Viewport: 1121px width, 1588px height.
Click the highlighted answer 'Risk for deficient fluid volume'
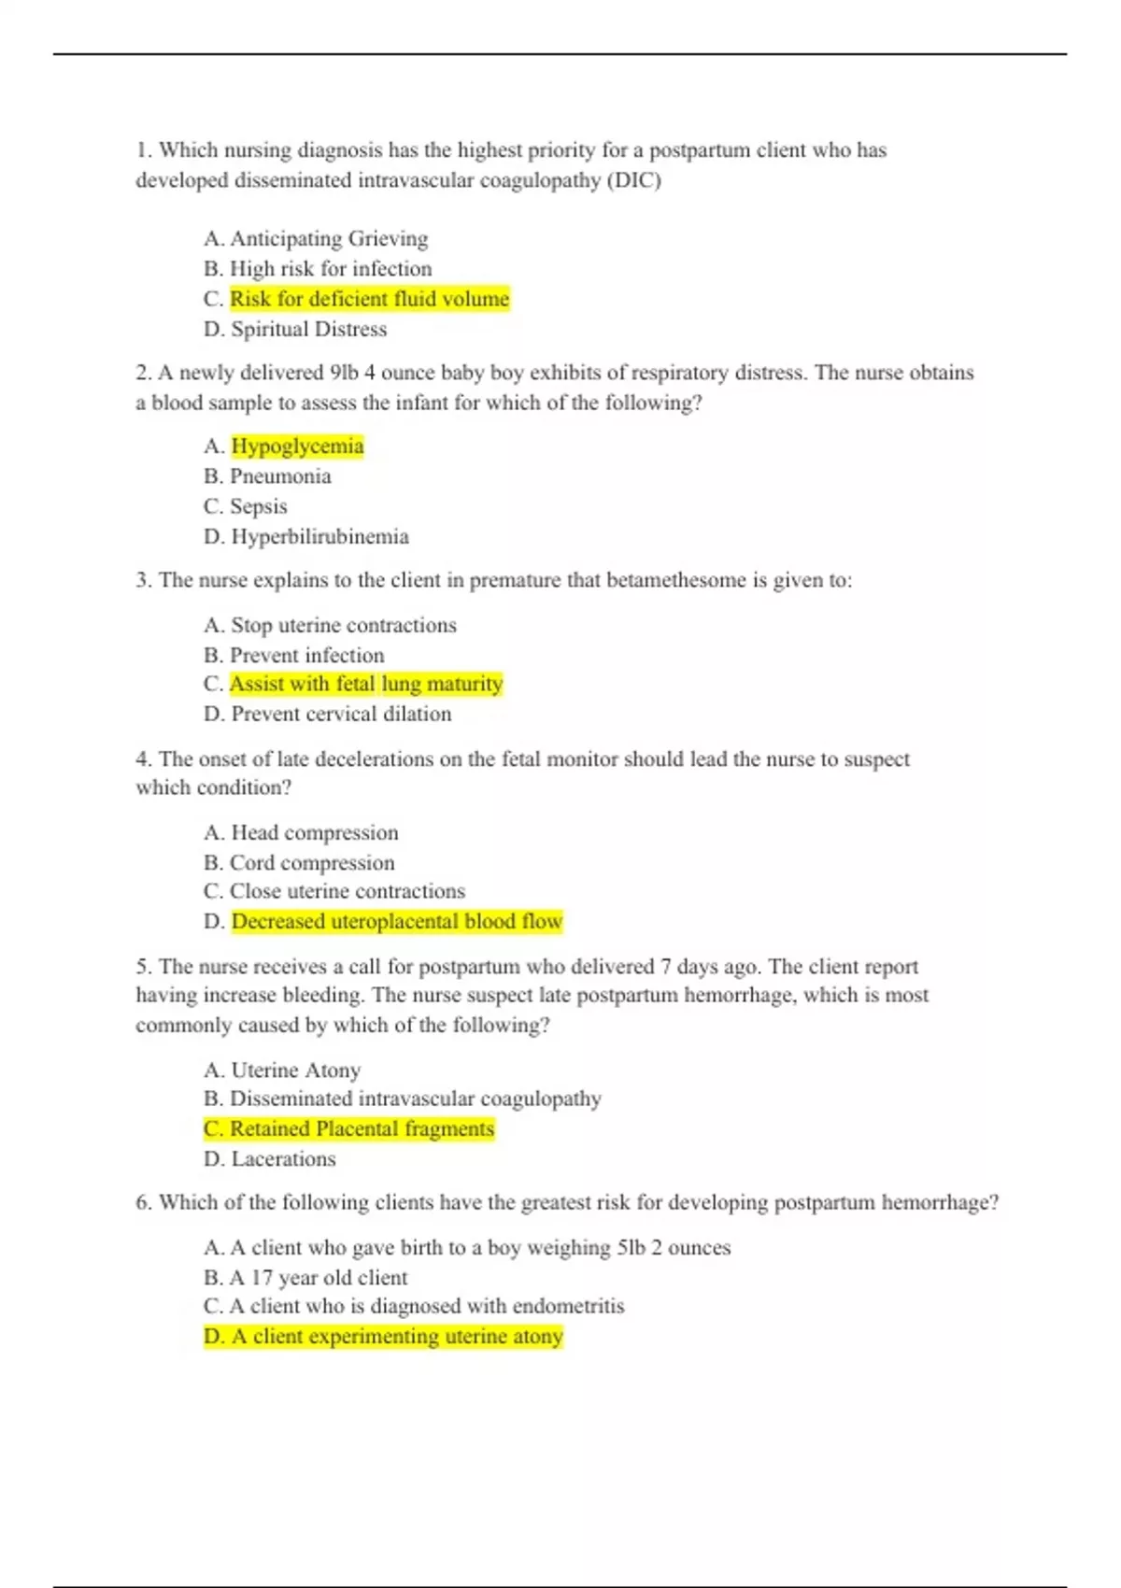tap(369, 299)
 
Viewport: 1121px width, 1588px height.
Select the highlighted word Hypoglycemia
tap(297, 447)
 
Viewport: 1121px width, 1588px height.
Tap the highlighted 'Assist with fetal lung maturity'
tap(366, 684)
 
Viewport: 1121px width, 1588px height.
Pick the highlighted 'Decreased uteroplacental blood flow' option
tap(396, 922)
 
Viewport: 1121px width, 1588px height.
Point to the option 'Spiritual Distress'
tap(308, 329)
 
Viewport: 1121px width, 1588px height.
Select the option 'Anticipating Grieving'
tap(329, 239)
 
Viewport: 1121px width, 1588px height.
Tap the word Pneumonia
tap(280, 476)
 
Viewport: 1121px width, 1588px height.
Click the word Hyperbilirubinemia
tap(319, 537)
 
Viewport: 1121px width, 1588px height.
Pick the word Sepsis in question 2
tap(259, 506)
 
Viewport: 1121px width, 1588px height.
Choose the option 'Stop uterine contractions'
tap(343, 625)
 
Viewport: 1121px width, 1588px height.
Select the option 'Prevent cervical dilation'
tap(341, 715)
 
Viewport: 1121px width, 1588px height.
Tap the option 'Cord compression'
tap(312, 863)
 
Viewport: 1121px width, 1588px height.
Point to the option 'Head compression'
tap(314, 833)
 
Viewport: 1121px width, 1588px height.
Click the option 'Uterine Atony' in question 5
tap(295, 1070)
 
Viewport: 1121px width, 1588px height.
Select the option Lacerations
tap(283, 1159)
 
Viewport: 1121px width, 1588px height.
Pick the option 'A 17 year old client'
tap(319, 1278)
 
